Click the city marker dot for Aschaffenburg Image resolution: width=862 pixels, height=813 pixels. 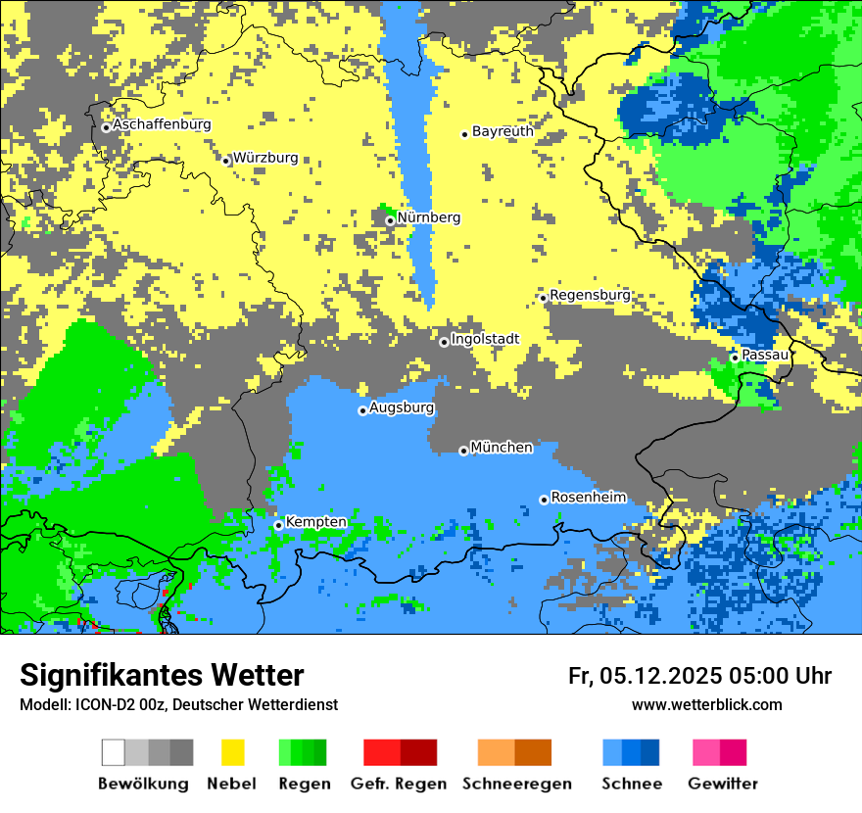point(106,127)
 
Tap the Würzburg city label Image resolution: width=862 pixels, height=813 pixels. point(265,158)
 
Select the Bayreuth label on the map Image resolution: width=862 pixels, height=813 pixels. point(503,131)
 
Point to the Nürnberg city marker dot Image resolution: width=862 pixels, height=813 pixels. point(390,220)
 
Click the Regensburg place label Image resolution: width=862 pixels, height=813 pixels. point(590,295)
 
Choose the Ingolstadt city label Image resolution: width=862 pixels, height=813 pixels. point(485,339)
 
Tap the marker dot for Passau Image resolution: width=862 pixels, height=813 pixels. point(735,358)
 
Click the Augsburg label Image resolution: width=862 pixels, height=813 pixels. point(402,407)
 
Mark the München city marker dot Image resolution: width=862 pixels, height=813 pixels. point(463,451)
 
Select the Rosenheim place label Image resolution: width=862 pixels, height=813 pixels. point(588,498)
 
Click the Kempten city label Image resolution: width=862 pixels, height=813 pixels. point(315,522)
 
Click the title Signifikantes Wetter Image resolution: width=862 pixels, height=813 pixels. point(162,675)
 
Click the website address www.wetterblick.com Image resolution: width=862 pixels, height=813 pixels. point(706,704)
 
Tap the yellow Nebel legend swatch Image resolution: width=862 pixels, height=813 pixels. point(233,752)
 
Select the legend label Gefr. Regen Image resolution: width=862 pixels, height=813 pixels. point(399,784)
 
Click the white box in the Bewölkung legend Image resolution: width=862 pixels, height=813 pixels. point(114,752)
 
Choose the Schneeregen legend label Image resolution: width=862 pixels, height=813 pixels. point(517,784)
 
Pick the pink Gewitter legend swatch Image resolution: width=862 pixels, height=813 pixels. point(705,752)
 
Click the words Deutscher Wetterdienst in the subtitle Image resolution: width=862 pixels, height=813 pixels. point(264,704)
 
